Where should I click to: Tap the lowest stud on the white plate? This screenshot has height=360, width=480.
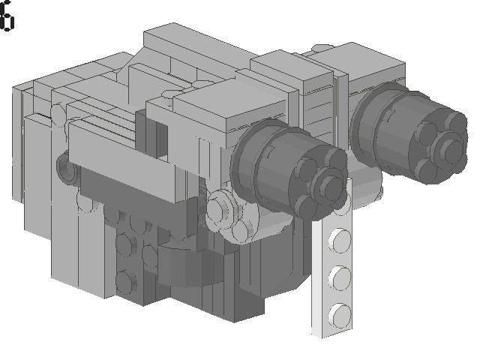coord(340,310)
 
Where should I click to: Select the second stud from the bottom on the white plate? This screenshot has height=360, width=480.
coord(340,277)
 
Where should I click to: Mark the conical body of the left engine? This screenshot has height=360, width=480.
coord(285,165)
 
